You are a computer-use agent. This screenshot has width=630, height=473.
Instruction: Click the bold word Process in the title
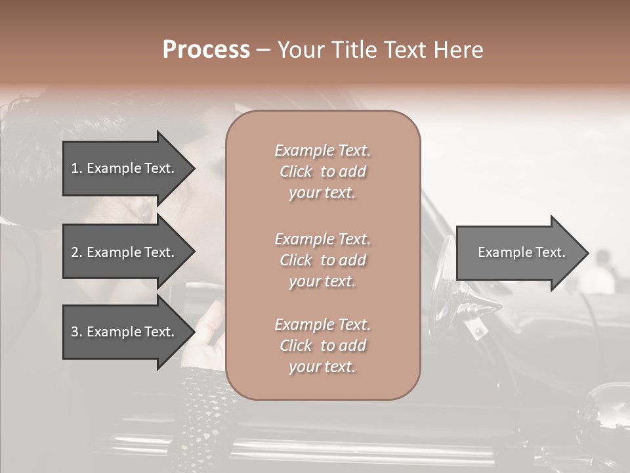(x=206, y=50)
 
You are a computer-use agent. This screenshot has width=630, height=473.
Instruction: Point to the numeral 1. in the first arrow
(x=77, y=168)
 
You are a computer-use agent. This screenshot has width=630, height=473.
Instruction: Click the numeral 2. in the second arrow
(x=77, y=252)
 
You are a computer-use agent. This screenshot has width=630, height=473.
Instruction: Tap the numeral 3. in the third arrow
(x=77, y=332)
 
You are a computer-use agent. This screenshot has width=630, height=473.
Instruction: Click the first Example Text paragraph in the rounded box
(x=322, y=171)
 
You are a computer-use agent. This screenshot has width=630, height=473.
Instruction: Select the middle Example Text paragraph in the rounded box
(x=322, y=260)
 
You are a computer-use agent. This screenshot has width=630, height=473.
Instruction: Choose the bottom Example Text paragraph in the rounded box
(x=322, y=346)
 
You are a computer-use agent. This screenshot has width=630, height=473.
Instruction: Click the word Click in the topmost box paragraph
(x=296, y=171)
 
